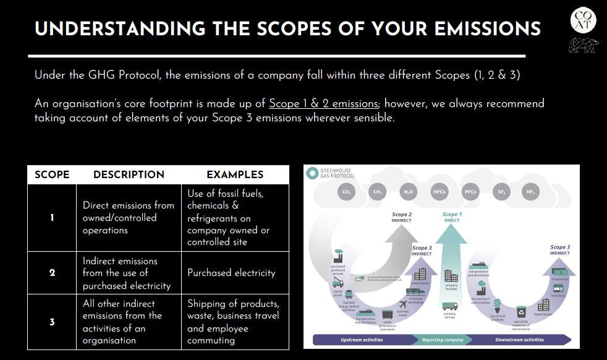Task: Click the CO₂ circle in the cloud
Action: pos(346,192)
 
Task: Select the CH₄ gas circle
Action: pos(377,192)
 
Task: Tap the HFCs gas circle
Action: pos(439,192)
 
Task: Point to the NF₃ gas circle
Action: pos(530,192)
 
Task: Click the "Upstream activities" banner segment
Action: pos(362,340)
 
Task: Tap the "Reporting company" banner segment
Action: pos(443,340)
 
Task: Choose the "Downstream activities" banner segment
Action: pos(519,340)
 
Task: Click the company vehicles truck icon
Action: pos(450,306)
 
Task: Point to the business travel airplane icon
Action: pos(403,304)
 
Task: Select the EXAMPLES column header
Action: pos(235,175)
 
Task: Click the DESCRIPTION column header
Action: pos(129,175)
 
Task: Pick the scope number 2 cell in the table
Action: pos(52,273)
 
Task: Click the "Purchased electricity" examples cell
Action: pos(231,273)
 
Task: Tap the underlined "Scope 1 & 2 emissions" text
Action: pos(323,104)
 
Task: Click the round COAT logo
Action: pos(583,20)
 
